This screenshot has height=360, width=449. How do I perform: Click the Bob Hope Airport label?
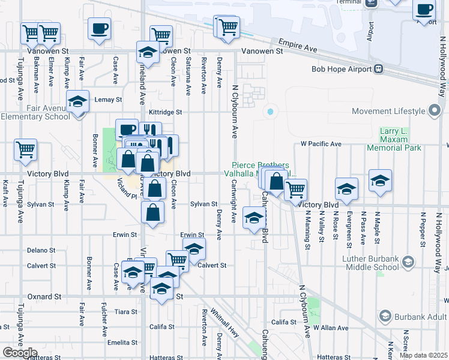(x=342, y=69)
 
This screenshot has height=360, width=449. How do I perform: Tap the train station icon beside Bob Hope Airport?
(x=378, y=69)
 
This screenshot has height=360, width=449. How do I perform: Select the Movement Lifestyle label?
(x=388, y=111)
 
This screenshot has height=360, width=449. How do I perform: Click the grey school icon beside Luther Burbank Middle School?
(x=408, y=262)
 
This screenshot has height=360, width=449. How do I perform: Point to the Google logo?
(x=20, y=353)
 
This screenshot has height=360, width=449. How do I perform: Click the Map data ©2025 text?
(x=423, y=355)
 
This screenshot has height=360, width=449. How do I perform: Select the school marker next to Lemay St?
(x=77, y=101)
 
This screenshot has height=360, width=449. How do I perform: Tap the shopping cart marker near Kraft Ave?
(x=26, y=150)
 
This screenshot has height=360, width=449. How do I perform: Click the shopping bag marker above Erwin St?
(x=154, y=212)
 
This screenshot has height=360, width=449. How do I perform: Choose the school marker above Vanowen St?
(x=147, y=52)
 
